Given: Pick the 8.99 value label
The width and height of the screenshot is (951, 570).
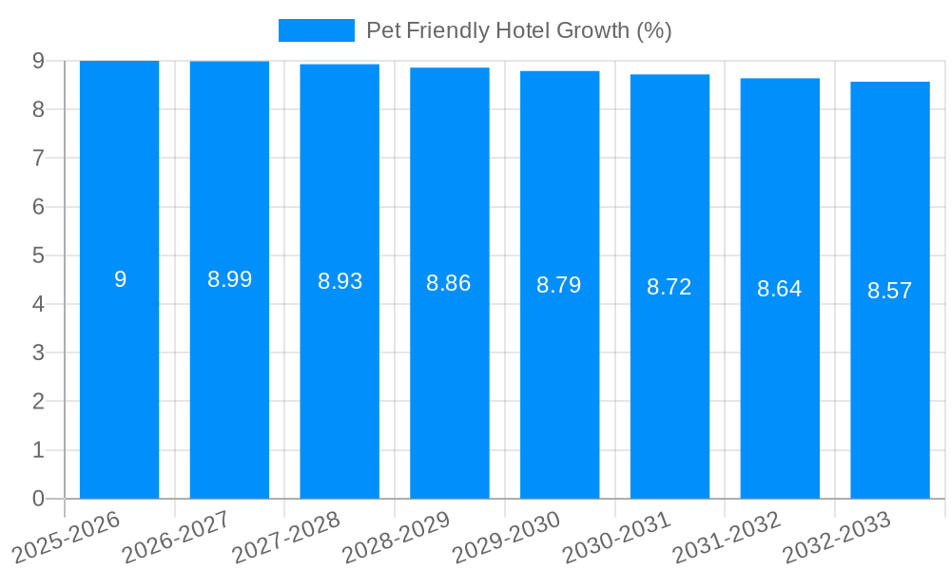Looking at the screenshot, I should coord(230,279).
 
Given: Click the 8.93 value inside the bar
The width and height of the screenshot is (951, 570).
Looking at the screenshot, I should coord(340,281).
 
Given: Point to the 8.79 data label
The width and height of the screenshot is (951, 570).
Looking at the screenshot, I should coord(559,285).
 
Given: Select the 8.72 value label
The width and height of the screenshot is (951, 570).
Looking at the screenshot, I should coord(670,287).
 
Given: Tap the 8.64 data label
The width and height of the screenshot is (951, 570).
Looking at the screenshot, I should coord(780,289).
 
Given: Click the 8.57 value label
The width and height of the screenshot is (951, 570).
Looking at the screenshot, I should coord(890,291).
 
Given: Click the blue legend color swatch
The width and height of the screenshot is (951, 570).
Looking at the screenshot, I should coord(316,30).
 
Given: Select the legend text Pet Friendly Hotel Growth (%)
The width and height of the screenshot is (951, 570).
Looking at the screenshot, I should coord(519,30).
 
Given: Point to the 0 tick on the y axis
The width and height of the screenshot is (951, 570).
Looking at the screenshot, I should coord(38,499).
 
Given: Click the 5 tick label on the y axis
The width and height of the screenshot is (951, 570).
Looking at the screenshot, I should coord(38,256).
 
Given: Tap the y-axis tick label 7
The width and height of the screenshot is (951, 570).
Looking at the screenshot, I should coord(38,158).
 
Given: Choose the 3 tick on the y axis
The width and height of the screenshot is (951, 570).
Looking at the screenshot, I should coord(38,352).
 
